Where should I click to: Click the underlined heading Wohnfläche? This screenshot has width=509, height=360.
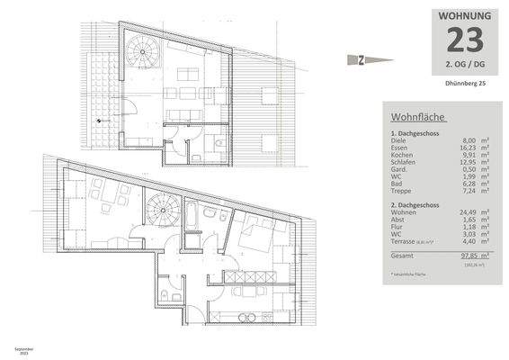[x=418, y=117]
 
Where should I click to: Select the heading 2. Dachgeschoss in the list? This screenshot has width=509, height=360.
[x=416, y=204]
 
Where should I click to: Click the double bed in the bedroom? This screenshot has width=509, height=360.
[x=260, y=238]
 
